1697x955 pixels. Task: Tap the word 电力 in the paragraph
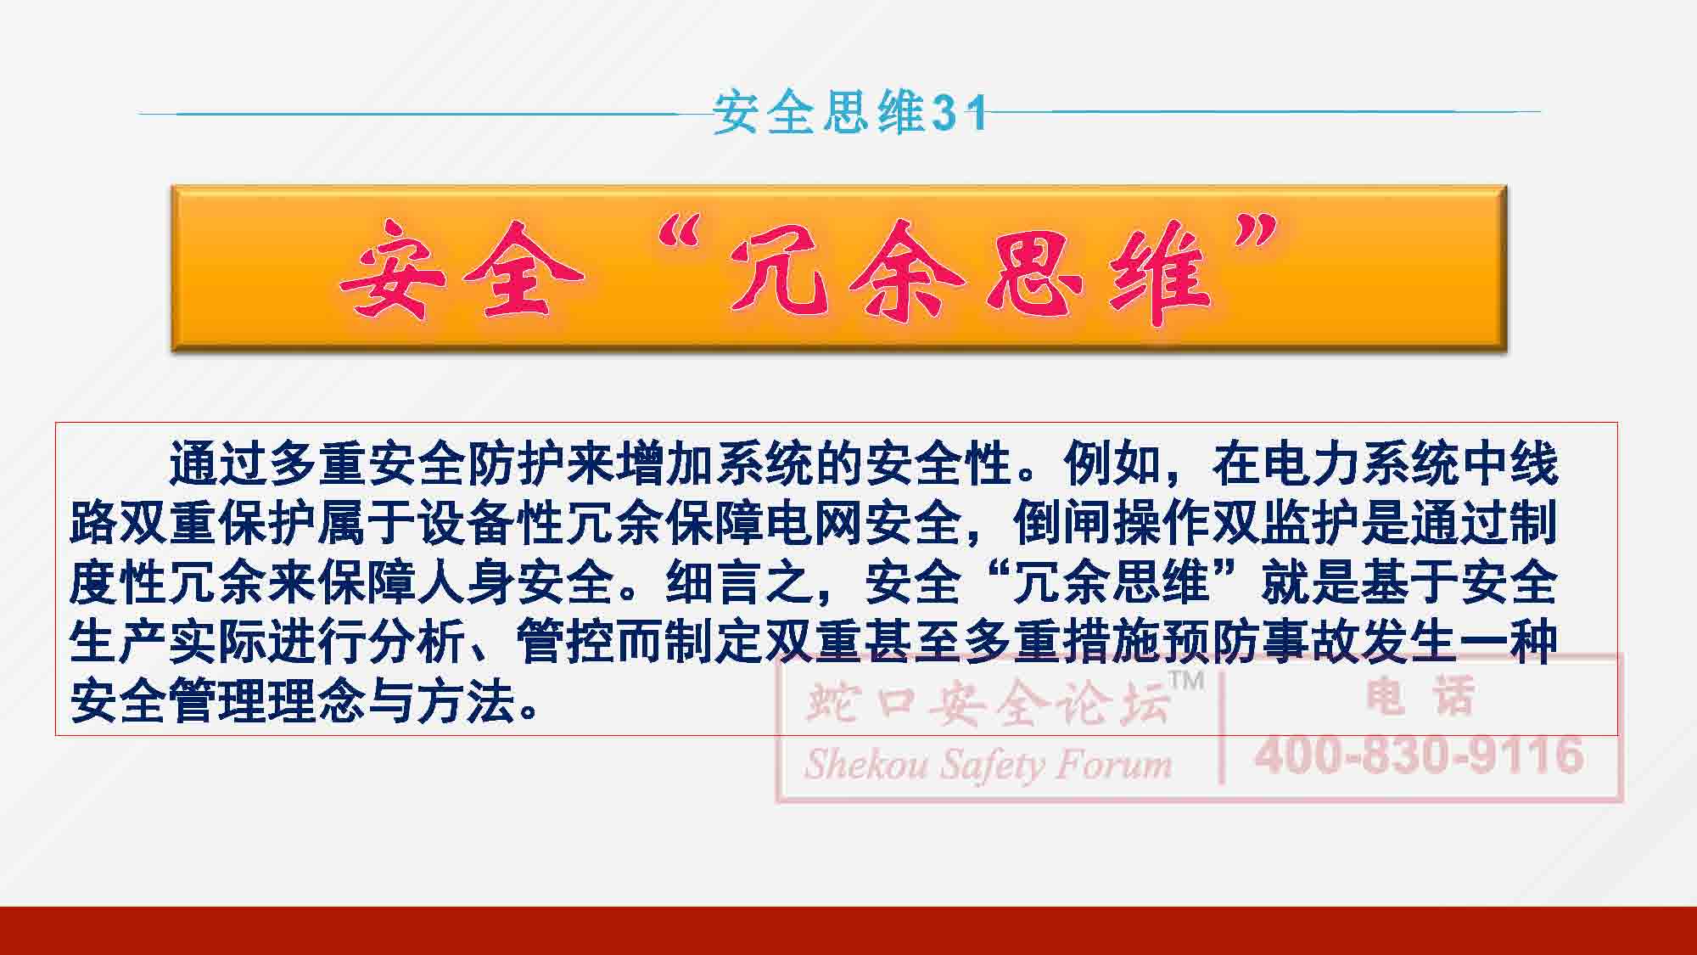tap(1312, 464)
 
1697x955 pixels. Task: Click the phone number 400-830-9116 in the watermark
tap(1420, 755)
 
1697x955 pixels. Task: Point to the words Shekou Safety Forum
tap(989, 765)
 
